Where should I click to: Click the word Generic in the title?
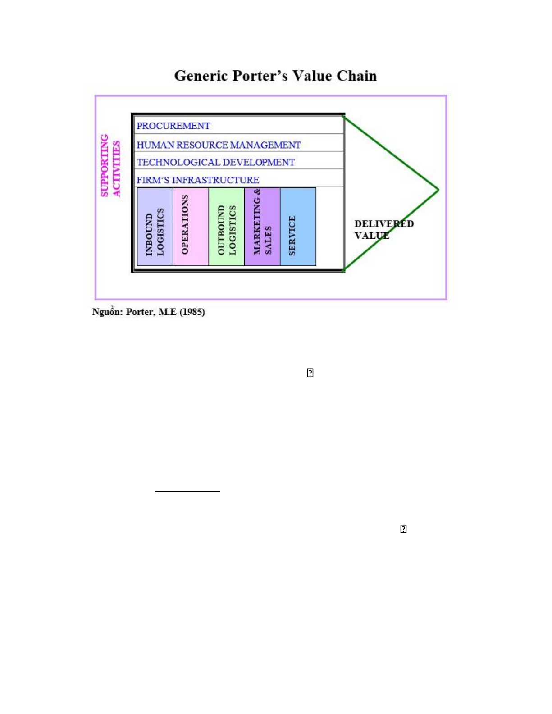coord(201,76)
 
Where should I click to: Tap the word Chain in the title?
coord(356,76)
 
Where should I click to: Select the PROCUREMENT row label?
coord(173,126)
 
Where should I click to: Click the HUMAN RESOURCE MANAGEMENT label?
coord(219,145)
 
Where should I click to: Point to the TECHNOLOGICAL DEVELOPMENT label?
coord(216,162)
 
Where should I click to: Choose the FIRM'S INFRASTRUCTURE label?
coord(198,180)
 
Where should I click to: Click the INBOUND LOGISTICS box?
coord(155,227)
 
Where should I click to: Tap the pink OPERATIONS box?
coord(191,227)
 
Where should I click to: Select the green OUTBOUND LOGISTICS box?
coord(226,227)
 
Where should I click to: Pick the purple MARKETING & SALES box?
coord(262,227)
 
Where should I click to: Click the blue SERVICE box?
coord(298,227)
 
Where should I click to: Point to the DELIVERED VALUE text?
coord(383,230)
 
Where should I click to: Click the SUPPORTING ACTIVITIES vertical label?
coord(110,165)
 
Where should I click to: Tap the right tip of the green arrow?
coord(438,190)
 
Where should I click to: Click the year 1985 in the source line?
coord(192,312)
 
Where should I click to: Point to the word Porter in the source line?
coord(140,312)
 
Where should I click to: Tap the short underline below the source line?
coord(187,491)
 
